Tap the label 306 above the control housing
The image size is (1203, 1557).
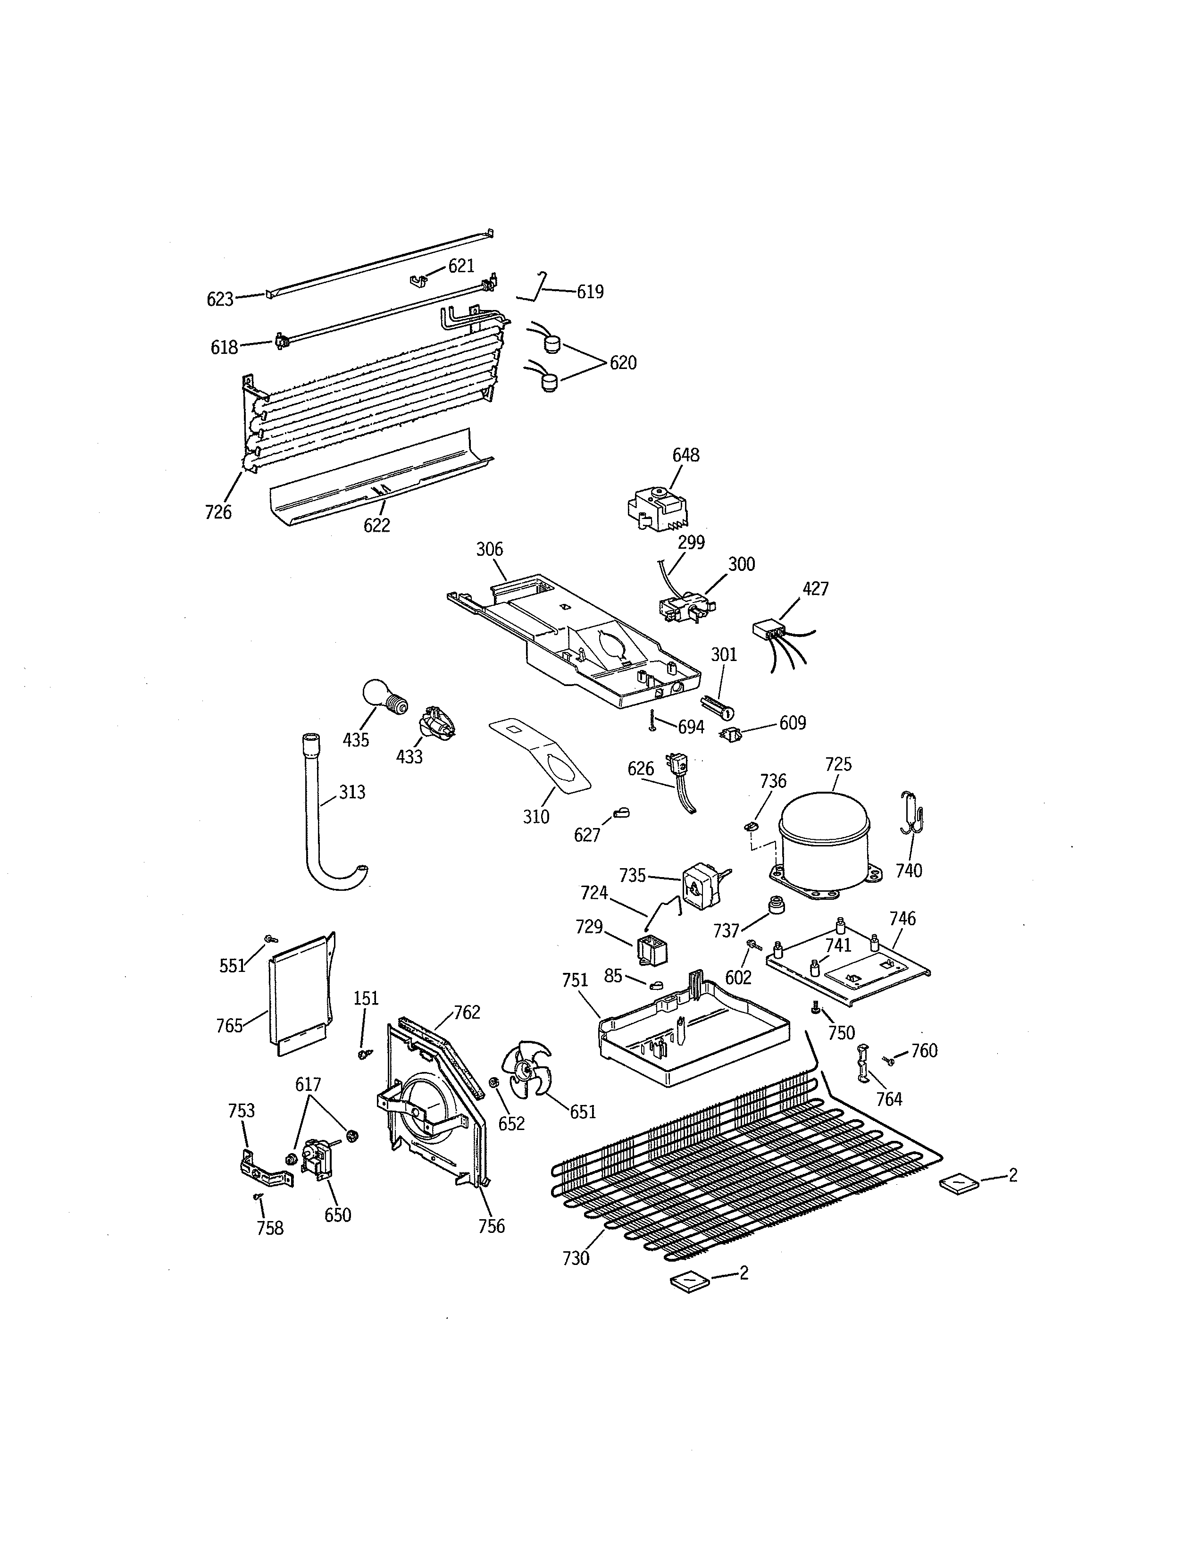[490, 549]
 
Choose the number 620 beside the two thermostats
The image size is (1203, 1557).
[622, 363]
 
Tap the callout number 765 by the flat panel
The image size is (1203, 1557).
[229, 1026]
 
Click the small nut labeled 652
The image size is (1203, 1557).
[493, 1084]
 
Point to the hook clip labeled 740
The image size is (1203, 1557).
[912, 813]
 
